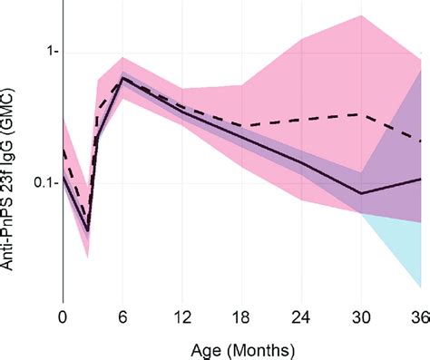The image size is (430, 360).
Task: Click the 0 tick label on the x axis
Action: pyautogui.click(x=63, y=317)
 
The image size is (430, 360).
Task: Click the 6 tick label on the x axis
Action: pyautogui.click(x=122, y=317)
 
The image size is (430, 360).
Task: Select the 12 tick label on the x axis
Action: pyautogui.click(x=182, y=317)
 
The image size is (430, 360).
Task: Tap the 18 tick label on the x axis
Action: pyautogui.click(x=242, y=317)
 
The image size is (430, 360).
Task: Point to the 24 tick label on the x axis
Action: pyautogui.click(x=302, y=317)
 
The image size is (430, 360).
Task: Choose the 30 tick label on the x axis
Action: pyautogui.click(x=362, y=317)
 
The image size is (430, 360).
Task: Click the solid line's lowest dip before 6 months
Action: pyautogui.click(x=87, y=231)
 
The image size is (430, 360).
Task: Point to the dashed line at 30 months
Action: pyautogui.click(x=362, y=114)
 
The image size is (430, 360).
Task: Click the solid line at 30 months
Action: pyautogui.click(x=362, y=193)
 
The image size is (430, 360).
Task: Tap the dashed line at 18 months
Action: pyautogui.click(x=242, y=125)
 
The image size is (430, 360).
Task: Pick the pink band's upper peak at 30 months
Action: pyautogui.click(x=362, y=15)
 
